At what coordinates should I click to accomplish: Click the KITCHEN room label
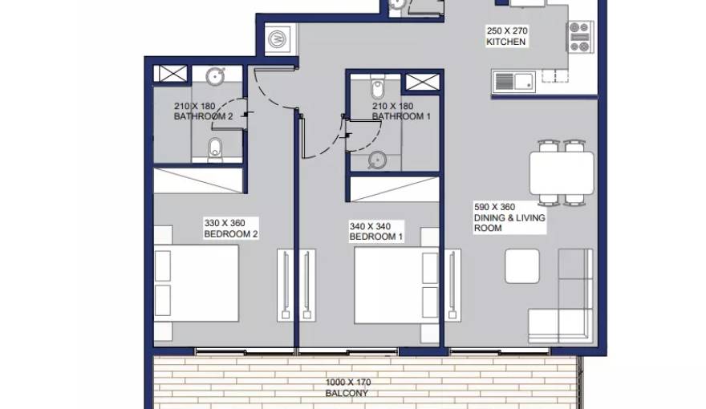tap(505, 42)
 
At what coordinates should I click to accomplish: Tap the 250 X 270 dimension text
tap(507, 31)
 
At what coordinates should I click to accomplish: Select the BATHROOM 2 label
tap(203, 116)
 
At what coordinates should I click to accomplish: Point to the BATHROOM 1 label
tap(401, 116)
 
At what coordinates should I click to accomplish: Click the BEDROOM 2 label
tap(231, 234)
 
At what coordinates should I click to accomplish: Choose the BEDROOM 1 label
tap(376, 237)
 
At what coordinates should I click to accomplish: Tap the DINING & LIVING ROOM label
tap(509, 223)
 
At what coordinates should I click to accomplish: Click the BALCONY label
tap(347, 393)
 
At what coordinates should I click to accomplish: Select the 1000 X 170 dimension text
tap(348, 383)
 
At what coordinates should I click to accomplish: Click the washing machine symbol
tap(278, 39)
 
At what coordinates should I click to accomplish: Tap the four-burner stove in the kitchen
tap(579, 37)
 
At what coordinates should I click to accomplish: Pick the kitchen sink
tap(513, 83)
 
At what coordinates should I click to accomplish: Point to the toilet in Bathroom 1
tap(378, 88)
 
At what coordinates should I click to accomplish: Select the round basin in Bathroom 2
tap(215, 76)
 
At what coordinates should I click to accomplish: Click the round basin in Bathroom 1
tap(377, 160)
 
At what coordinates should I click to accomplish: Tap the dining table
tap(562, 173)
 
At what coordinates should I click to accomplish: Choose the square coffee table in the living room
tap(522, 266)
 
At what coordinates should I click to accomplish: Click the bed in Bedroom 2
tap(196, 283)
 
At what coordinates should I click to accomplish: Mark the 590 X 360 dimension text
tap(494, 207)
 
